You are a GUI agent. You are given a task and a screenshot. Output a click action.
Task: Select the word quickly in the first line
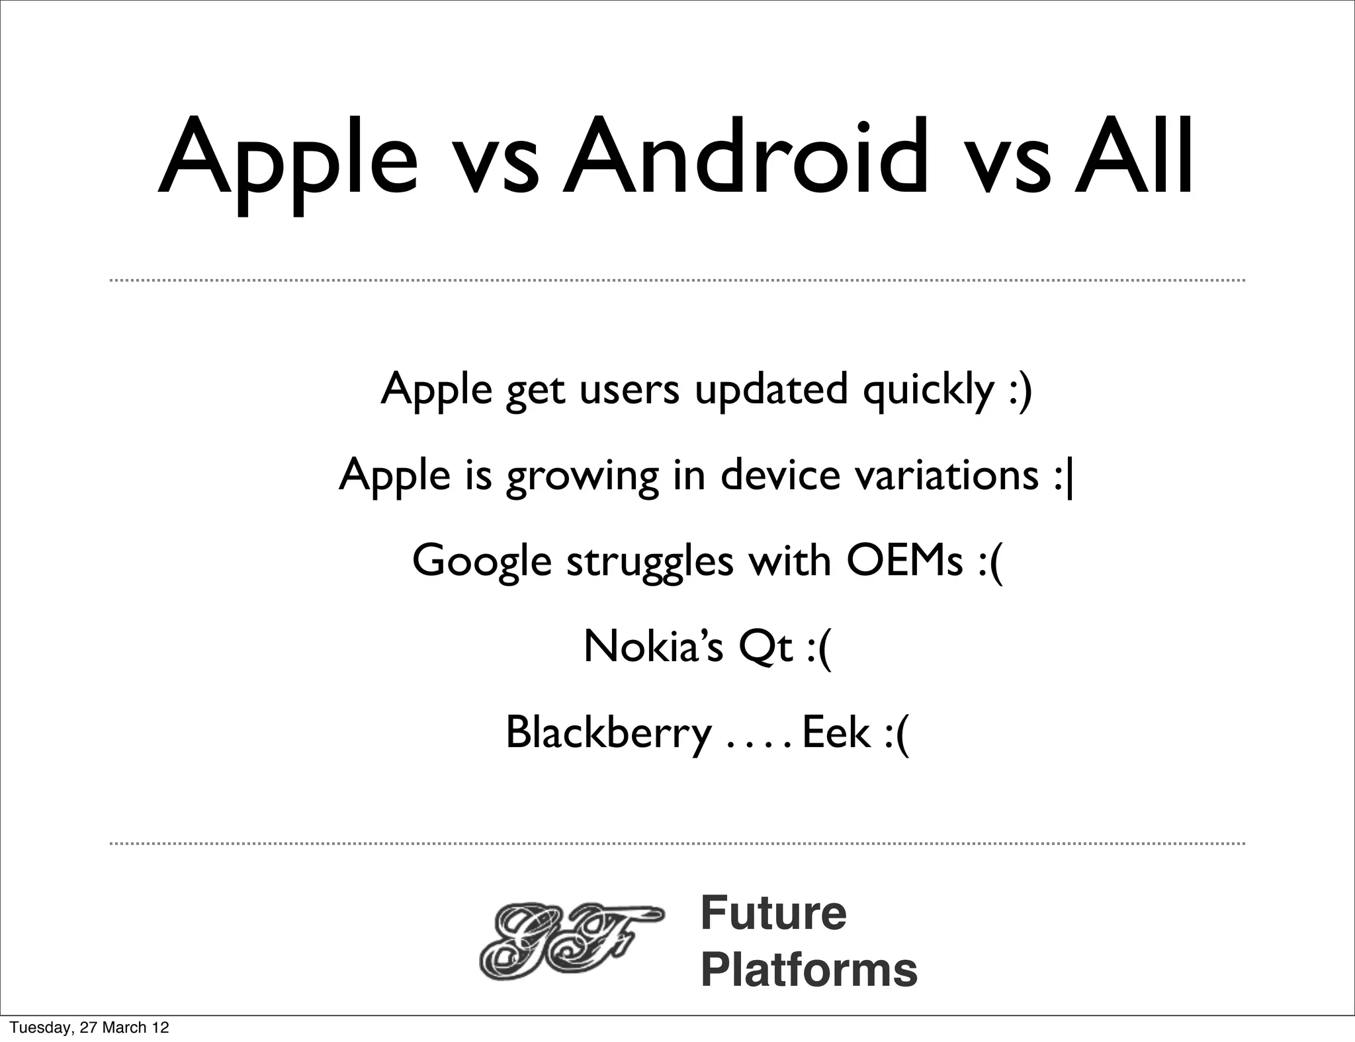(928, 391)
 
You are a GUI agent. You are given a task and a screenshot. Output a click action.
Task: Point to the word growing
(582, 477)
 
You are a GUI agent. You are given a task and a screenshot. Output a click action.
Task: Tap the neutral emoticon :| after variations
(1064, 476)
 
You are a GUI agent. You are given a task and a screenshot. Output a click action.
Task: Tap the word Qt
(765, 648)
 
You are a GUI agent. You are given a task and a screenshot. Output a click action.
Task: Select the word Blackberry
(608, 734)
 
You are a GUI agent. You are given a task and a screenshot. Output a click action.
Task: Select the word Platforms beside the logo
(809, 970)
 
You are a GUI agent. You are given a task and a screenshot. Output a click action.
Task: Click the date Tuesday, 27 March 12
(89, 1027)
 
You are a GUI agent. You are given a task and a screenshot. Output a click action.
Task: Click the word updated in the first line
(771, 391)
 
